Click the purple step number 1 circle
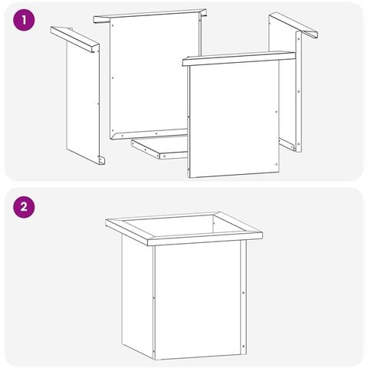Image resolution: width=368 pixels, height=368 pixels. coord(24,20)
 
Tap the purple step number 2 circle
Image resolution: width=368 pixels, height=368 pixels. coord(24,207)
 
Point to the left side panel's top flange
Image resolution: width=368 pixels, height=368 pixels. coord(74,39)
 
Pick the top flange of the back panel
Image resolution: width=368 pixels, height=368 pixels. coord(149,16)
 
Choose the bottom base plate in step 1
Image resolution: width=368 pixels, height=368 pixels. coord(159,146)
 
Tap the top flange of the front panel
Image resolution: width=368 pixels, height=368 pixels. coord(238,58)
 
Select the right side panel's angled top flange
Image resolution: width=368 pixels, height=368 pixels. coord(294,25)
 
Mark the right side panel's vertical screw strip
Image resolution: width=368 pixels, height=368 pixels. coord(299,92)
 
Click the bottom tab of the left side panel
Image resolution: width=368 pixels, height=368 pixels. coord(101,160)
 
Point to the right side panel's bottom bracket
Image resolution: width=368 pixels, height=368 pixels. coord(287,144)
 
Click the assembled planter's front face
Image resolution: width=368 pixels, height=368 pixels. coord(198,300)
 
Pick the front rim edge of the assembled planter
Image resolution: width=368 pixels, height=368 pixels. coord(205,239)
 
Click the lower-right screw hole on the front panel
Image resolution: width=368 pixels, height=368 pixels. coord(276,165)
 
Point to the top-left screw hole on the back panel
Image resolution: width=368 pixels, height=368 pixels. coord(113,25)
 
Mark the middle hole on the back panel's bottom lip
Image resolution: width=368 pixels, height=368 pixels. coord(156,133)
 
